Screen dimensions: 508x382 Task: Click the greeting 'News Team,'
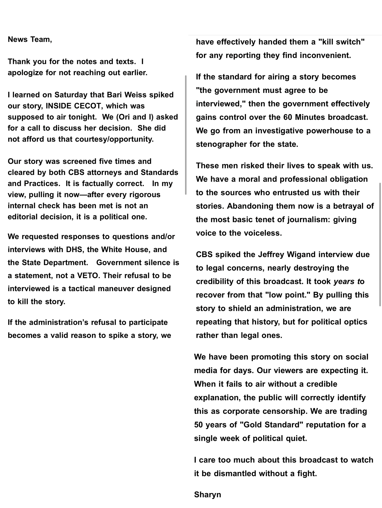(30, 40)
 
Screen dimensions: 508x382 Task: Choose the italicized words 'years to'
(349, 281)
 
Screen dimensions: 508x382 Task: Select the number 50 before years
(198, 425)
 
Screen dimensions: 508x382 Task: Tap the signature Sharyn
(207, 494)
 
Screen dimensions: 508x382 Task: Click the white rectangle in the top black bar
(329, 17)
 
